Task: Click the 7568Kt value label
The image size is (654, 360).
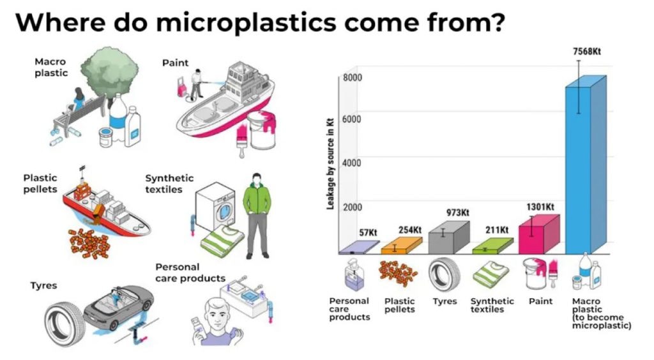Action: coord(587,51)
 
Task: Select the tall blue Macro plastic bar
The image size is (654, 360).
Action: coord(586,165)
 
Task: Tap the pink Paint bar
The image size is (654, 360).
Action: coord(539,235)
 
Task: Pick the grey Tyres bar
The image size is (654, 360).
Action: coord(449,238)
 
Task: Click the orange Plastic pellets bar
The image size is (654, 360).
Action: coord(401,246)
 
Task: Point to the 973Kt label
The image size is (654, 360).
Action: coord(457,213)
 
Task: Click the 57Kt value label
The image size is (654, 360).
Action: coord(368,232)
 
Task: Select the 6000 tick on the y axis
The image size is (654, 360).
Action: coord(352,119)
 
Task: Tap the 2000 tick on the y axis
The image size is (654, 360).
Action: coord(353,207)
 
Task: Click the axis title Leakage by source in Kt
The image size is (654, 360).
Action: coord(330,163)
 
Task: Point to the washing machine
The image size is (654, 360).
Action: coord(216,206)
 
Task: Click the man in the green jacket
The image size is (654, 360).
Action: coord(257,215)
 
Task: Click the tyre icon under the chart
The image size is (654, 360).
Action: coord(445,274)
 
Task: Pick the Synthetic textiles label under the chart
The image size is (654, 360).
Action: coord(492,305)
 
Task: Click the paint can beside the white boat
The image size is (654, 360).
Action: coord(261,130)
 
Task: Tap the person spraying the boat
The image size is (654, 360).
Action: coord(195,86)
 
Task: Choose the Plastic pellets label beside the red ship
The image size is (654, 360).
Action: coord(40,183)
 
